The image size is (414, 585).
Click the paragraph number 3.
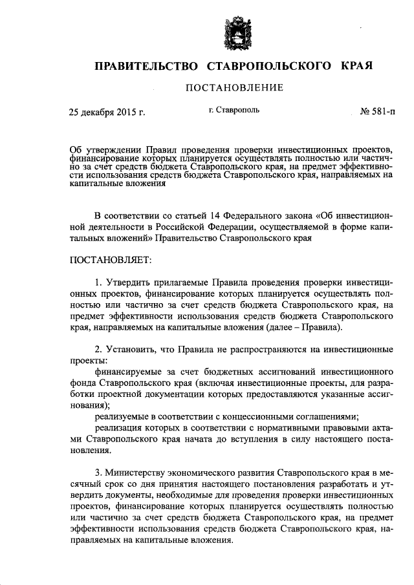pos(98,473)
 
